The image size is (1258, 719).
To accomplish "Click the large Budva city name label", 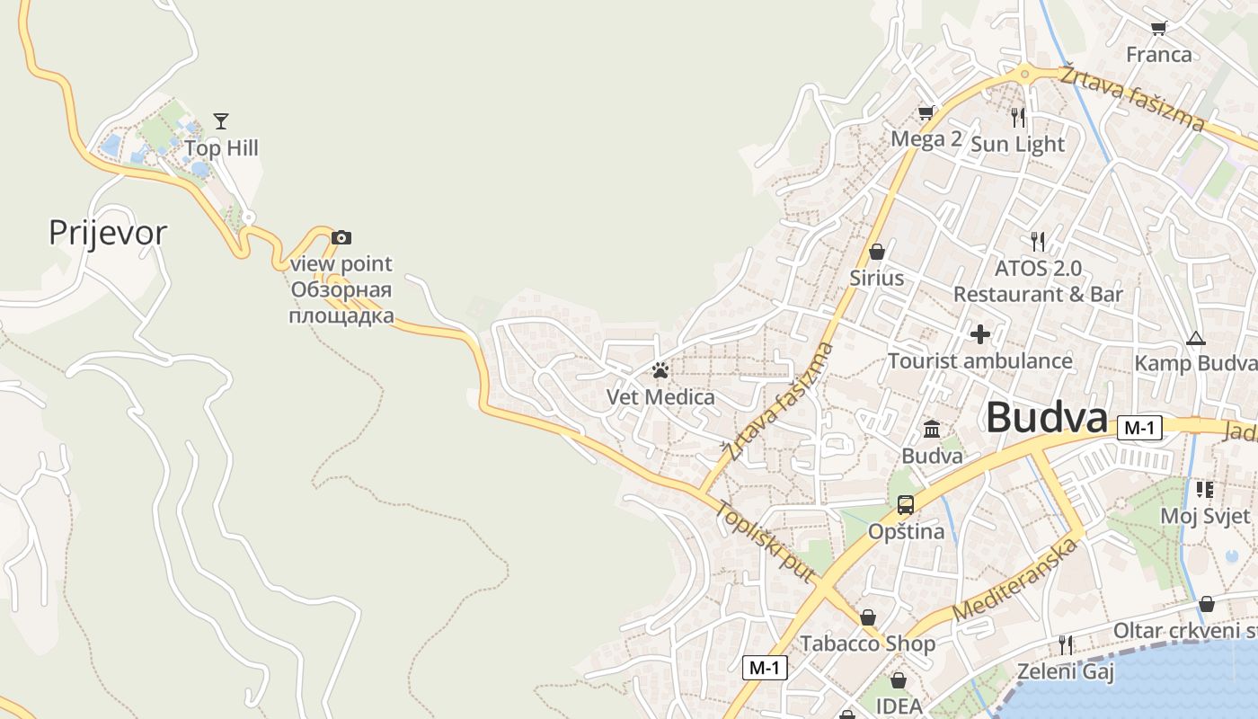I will (1047, 419).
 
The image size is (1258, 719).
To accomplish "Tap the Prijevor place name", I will (108, 233).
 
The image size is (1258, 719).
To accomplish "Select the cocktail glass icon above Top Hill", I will (221, 120).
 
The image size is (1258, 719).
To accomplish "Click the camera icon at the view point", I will (341, 237).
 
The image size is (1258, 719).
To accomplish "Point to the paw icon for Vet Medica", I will (660, 369).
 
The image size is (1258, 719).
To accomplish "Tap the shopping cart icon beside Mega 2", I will (926, 112).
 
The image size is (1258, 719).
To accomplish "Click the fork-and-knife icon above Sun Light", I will (1018, 117).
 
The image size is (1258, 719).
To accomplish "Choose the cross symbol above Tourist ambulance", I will (980, 334).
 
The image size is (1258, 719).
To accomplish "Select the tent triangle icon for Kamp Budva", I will (1195, 339).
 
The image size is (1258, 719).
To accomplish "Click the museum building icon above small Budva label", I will (932, 429).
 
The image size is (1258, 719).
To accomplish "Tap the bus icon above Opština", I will (906, 504).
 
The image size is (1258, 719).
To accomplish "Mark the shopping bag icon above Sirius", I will (877, 252).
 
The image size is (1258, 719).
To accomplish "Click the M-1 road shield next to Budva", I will (1139, 429).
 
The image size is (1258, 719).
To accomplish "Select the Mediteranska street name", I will (1014, 580).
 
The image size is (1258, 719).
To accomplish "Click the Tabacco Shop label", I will (867, 644).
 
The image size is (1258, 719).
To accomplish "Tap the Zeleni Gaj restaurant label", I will (1065, 671).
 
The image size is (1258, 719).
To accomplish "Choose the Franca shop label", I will (1159, 55).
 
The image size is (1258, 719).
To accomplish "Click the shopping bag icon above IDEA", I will (898, 680).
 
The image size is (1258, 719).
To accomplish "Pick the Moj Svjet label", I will (1205, 516).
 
